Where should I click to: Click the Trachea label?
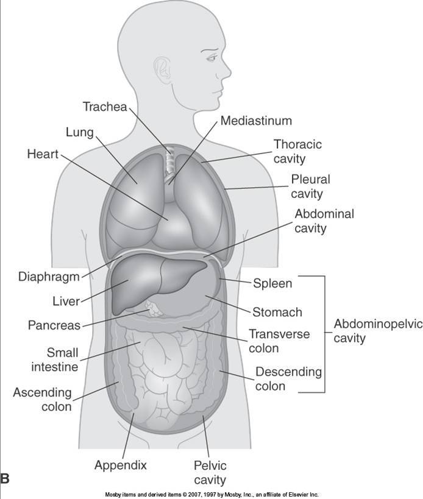tap(104, 107)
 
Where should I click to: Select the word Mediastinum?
tap(257, 120)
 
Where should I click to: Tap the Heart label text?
tap(42, 154)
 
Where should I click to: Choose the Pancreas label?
tap(54, 325)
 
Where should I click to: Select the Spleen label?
tap(272, 283)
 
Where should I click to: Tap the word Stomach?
tap(277, 313)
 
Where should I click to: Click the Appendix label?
tap(121, 466)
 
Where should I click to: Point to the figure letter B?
tap(5, 479)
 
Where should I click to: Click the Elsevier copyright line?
tap(210, 495)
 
